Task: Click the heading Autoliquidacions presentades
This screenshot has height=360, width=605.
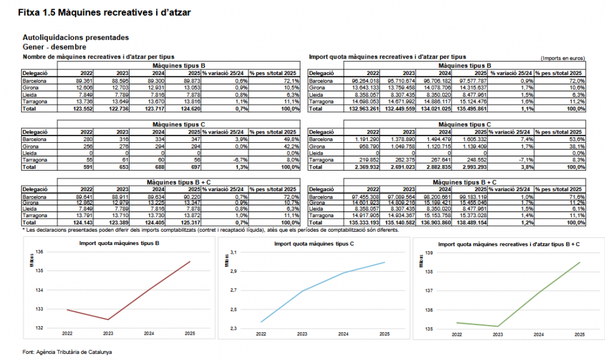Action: (75, 38)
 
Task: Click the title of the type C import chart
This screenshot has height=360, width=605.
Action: (310, 244)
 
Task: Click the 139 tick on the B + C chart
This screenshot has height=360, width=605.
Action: (429, 252)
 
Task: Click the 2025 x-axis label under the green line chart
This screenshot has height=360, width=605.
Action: (579, 335)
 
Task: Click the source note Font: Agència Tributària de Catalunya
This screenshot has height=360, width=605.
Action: (67, 352)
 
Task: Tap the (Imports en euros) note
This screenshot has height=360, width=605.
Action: (563, 58)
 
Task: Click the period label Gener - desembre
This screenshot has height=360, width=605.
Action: (53, 47)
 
